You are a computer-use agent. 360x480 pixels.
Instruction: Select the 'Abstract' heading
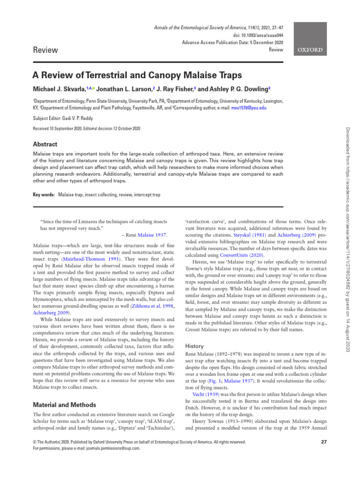[x=45, y=144]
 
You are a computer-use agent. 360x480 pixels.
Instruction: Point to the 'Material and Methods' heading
[x=64, y=405]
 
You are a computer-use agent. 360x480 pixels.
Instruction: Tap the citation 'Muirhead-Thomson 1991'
[x=82, y=258]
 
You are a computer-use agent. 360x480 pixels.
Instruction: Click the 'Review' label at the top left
[x=45, y=50]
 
